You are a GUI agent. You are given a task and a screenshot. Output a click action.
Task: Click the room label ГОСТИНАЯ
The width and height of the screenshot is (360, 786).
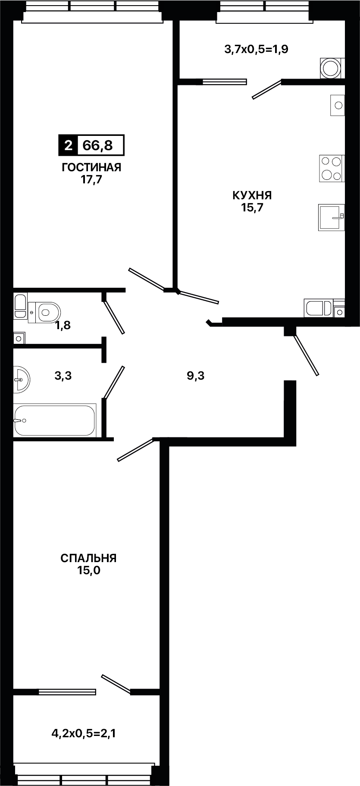coord(91,167)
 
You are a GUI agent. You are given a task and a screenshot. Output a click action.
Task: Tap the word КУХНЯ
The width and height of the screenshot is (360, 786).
coord(252,195)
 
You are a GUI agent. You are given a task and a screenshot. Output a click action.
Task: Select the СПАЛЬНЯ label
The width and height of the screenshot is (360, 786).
coord(88,558)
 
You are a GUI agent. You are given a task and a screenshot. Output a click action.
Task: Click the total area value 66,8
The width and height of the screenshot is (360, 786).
coord(97,145)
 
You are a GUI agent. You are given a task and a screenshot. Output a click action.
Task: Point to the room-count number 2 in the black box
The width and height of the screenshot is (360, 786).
coord(68,145)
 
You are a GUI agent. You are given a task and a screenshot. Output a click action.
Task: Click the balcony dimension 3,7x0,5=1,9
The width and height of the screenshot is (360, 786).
coord(257,49)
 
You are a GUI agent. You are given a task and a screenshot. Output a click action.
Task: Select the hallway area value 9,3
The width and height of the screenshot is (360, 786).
coord(195,376)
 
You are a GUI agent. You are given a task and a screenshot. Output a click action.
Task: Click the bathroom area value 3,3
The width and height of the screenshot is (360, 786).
coord(63,376)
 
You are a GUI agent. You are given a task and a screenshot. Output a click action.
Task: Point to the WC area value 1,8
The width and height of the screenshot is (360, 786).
coord(63,325)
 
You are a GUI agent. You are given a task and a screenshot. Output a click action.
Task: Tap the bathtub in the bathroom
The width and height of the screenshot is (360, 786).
coord(54,420)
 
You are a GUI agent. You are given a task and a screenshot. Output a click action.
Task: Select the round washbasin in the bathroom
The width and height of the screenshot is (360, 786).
coord(21,379)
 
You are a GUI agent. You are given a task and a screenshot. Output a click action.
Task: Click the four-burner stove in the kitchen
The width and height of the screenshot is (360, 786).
coord(332,168)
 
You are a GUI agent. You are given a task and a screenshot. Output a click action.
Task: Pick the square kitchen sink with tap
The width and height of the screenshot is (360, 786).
coord(331,217)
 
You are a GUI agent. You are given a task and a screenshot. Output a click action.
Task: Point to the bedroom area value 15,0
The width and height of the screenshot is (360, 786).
coord(88,571)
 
